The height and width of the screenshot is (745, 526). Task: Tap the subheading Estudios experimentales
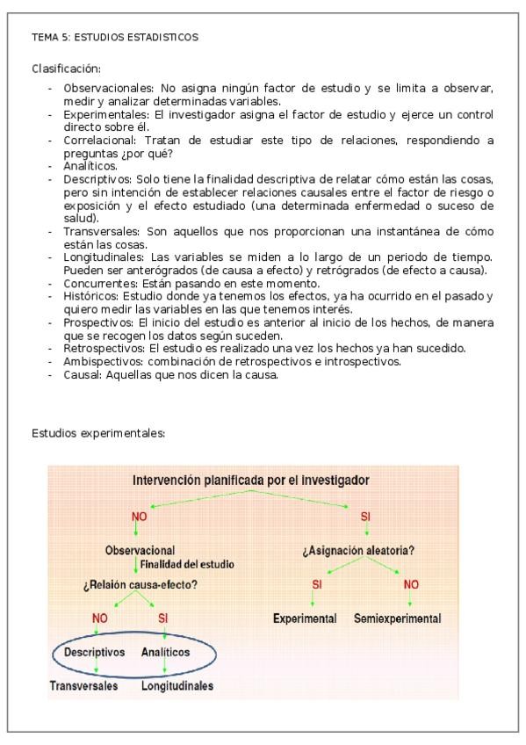98,433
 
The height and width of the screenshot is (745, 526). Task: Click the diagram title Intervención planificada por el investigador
250,481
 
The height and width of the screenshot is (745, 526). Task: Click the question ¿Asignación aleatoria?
358,551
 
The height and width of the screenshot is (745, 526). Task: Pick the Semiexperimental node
397,618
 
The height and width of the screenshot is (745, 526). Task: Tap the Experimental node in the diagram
305,618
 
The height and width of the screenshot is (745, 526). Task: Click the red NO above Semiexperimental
410,584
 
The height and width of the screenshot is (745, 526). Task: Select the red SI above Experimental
317,584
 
